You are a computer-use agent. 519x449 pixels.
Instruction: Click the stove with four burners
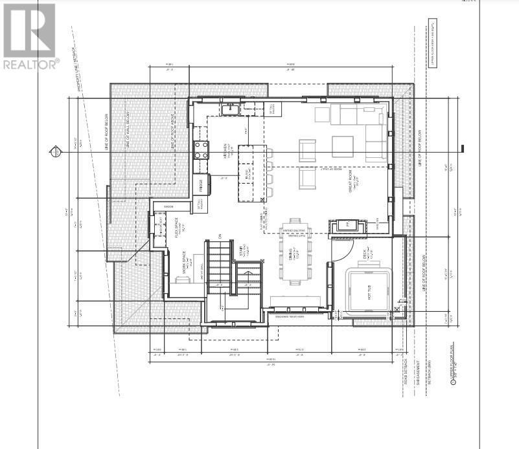pos(202,149)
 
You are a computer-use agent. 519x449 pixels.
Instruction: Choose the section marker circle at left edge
pos(56,152)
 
